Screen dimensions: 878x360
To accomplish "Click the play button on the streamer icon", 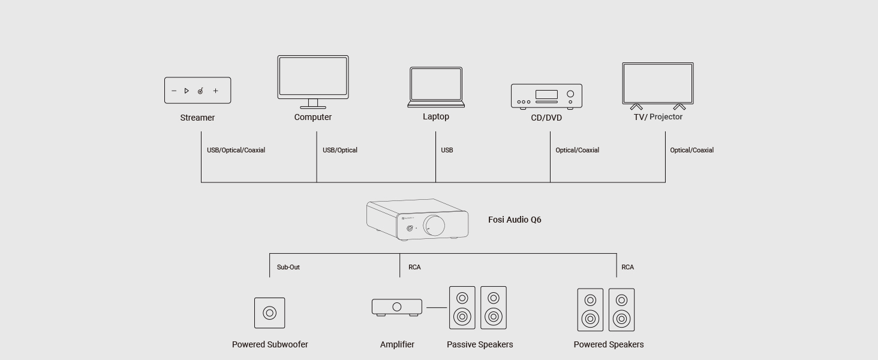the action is tap(187, 91).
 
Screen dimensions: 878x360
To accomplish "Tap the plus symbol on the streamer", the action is tap(215, 91).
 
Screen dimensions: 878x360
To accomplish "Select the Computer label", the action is tap(313, 117).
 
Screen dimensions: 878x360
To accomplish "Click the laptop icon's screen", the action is tap(436, 84).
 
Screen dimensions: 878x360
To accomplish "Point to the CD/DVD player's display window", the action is tap(546, 95).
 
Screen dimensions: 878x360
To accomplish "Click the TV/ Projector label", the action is tap(658, 117).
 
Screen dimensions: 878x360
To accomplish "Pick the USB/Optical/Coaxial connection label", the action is tap(236, 150).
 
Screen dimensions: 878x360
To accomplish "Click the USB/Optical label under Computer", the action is tap(340, 150).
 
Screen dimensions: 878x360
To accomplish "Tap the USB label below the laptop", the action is tap(447, 150).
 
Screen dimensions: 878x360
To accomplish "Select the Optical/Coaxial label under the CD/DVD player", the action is tap(578, 150).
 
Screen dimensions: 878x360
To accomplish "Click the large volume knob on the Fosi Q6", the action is tap(434, 226).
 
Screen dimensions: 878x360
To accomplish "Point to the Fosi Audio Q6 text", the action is tap(515, 220).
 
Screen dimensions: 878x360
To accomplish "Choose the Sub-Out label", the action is tap(288, 267).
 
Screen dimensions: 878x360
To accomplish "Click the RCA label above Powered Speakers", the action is tap(627, 267).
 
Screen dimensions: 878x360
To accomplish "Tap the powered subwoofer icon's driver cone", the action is tap(270, 313).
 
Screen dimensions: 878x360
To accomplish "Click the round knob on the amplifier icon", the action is tap(396, 307).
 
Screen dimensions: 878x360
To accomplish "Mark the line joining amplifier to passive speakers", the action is tap(437, 308).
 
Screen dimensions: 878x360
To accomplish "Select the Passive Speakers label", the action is tap(480, 344).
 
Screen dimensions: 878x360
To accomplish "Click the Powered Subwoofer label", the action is tap(270, 344).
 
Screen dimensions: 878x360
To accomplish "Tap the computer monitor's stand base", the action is tap(313, 107).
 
